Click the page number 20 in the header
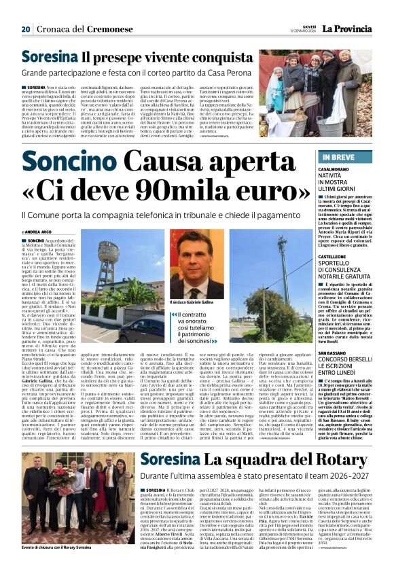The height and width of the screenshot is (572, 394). (x=26, y=29)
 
